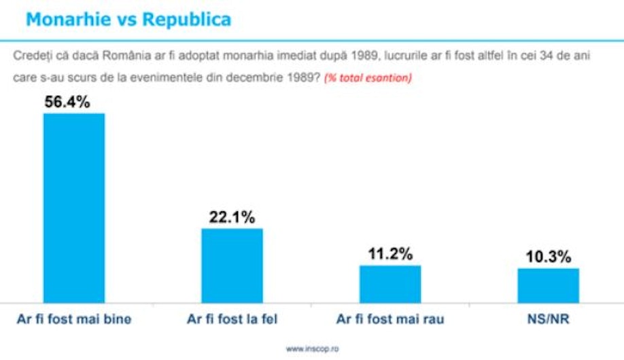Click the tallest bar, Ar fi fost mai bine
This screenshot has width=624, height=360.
[74, 208]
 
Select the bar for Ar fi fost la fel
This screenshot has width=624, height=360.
[232, 266]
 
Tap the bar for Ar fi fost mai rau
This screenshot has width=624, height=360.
[390, 284]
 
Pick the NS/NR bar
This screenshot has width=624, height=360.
[549, 285]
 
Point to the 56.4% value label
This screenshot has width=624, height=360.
[67, 102]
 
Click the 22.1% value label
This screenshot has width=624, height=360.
[232, 217]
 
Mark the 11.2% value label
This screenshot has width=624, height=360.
[390, 254]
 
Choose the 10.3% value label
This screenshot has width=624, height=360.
[549, 257]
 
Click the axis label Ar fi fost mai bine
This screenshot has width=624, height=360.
[74, 319]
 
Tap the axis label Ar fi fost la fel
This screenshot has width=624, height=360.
[232, 319]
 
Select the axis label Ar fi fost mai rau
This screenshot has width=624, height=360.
[390, 319]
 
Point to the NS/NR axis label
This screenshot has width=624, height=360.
[549, 319]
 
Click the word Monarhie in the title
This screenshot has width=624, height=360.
[69, 20]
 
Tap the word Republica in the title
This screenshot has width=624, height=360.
[187, 20]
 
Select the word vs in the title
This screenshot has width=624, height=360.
[126, 20]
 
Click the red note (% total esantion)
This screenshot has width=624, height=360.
[368, 77]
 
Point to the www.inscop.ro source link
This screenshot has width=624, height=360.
[313, 349]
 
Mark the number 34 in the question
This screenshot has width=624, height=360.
[547, 55]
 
